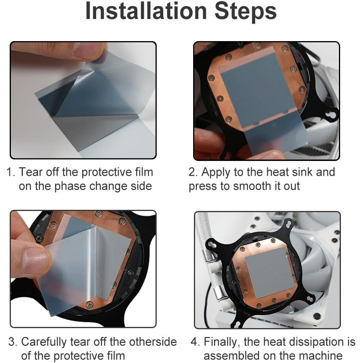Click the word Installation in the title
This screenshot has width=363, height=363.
(x=146, y=11)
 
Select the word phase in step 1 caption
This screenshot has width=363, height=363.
(x=70, y=187)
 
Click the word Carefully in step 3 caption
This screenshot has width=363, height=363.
(x=44, y=342)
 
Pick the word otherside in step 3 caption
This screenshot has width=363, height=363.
(x=153, y=342)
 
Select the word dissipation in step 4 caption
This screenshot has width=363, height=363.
(x=310, y=342)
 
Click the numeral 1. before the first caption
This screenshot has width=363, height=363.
(x=10, y=172)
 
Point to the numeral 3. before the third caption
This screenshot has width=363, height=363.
(x=12, y=342)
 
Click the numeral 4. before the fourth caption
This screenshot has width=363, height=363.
(x=195, y=342)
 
